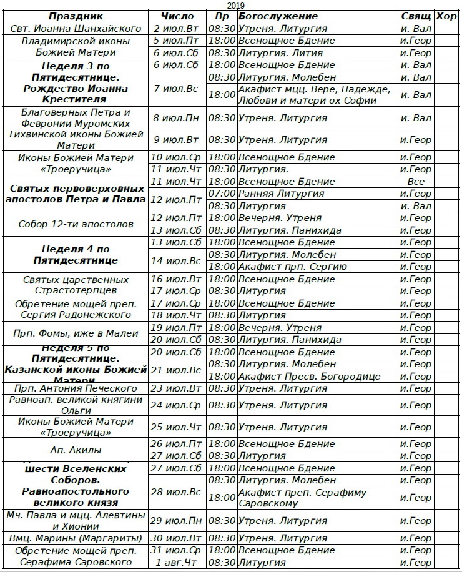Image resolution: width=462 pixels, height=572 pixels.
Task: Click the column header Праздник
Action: (76, 16)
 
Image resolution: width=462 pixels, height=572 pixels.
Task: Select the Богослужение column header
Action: (278, 16)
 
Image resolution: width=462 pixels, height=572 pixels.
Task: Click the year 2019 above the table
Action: (235, 5)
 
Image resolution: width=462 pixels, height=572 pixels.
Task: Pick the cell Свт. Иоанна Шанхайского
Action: (76, 29)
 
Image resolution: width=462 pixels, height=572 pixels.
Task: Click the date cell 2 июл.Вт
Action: (177, 29)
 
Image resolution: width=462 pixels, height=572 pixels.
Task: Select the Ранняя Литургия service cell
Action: (282, 194)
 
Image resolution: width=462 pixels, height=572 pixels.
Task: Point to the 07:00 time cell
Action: (222, 194)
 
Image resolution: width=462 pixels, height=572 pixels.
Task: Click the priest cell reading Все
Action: (416, 182)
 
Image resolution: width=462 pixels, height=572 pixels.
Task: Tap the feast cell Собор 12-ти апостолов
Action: (76, 224)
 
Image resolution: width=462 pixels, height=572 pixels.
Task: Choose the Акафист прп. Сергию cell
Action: (295, 267)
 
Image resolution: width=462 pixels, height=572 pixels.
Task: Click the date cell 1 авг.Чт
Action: (177, 563)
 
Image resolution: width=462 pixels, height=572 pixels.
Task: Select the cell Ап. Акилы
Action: (76, 450)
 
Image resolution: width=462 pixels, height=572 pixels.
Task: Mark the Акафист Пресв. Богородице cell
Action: (310, 377)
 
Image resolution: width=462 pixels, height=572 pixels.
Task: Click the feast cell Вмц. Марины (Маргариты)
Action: (76, 538)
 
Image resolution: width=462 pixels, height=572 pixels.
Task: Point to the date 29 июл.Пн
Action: (177, 521)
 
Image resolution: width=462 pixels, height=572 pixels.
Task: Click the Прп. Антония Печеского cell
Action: (76, 388)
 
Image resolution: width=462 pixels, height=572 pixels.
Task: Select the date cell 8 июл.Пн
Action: (177, 117)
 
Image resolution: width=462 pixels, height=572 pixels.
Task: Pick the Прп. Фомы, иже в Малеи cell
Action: (76, 333)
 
